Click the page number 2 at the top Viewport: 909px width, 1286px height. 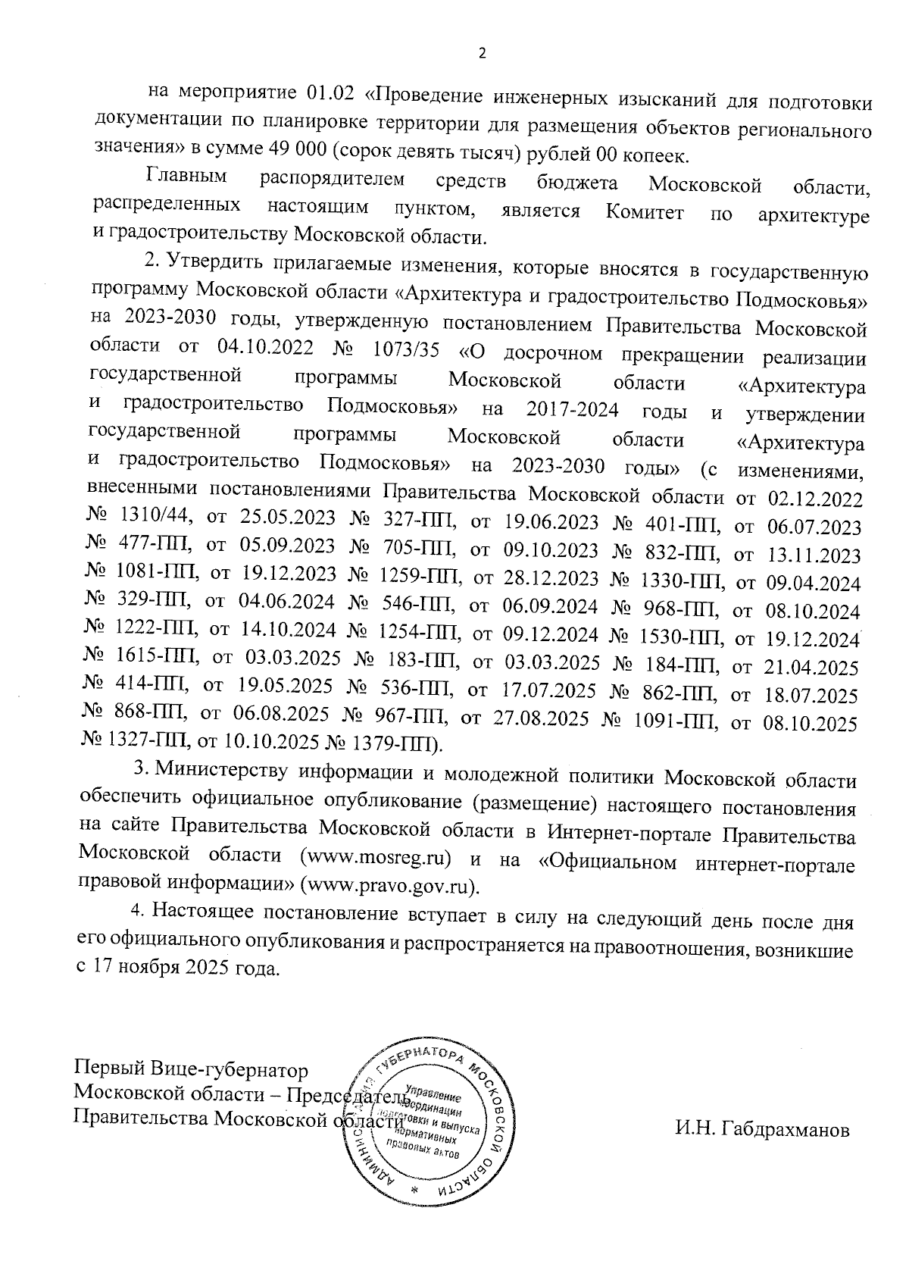[x=480, y=54]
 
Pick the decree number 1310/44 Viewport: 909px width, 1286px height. [x=155, y=517]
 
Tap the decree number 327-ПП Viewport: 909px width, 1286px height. [x=414, y=521]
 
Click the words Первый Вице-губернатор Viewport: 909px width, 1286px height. [x=191, y=1070]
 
